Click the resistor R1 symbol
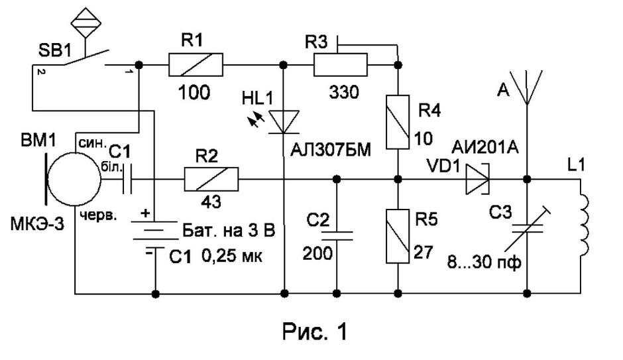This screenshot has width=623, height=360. click(196, 65)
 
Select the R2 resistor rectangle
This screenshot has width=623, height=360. click(211, 180)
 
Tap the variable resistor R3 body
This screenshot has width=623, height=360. click(341, 65)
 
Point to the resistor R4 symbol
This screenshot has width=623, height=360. click(398, 122)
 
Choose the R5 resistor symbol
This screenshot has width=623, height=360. click(398, 236)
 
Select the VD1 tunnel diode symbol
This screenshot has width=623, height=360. click(477, 180)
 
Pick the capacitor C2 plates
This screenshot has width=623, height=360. click(337, 235)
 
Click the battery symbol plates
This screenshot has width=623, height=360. click(155, 235)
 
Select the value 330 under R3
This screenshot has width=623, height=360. click(344, 93)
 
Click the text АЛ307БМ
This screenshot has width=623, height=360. click(331, 150)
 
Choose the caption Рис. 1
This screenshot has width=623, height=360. click(315, 331)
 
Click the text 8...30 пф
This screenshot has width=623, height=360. click(484, 263)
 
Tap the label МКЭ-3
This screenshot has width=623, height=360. click(36, 225)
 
